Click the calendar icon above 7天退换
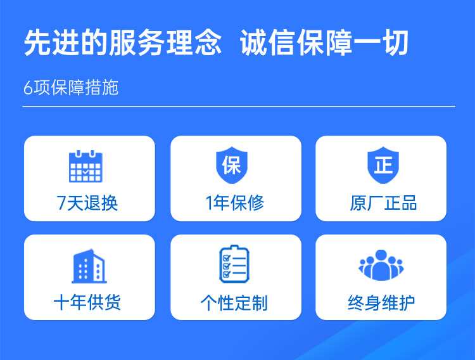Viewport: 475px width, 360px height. tap(85, 166)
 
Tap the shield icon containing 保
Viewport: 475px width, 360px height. tap(231, 165)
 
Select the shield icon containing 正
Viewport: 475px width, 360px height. tap(383, 165)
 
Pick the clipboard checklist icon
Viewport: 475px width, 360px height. tap(234, 265)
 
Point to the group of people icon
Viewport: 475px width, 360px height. tap(381, 266)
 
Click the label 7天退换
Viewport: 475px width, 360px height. tap(87, 203)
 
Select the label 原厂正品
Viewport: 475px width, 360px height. tap(383, 203)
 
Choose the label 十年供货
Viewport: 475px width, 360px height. tap(87, 302)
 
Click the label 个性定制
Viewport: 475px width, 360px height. tap(234, 303)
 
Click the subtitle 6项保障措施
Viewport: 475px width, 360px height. tap(71, 87)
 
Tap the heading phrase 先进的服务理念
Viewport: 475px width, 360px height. tap(123, 44)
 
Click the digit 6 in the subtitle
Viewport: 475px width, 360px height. tap(28, 88)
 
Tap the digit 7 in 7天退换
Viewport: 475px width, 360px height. tap(61, 203)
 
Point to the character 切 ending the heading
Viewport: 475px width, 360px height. tap(396, 44)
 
